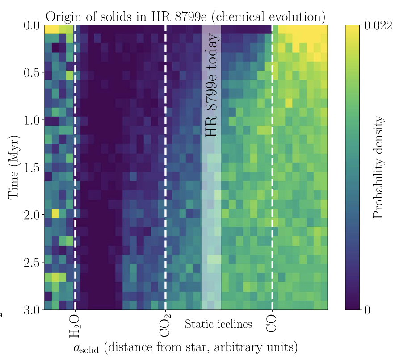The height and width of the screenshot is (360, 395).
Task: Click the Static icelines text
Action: pos(219,324)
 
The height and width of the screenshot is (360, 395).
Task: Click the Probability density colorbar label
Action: pos(378,167)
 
